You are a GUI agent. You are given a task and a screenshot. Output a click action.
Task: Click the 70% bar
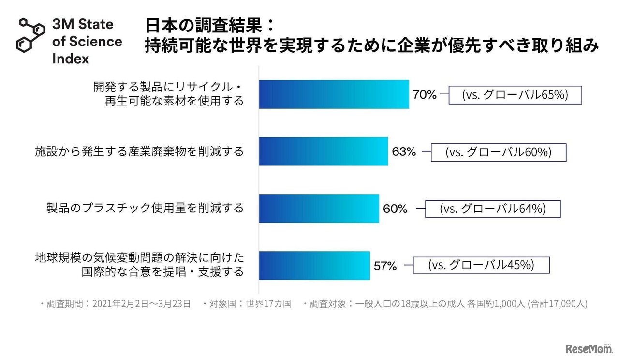click(334, 94)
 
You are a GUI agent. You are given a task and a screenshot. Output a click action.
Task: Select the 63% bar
click(324, 151)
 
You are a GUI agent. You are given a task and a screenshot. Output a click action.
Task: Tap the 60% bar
click(319, 209)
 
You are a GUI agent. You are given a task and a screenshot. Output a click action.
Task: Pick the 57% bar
click(314, 266)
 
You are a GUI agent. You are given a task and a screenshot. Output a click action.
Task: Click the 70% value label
click(425, 95)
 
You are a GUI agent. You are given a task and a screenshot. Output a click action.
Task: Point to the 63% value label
click(404, 152)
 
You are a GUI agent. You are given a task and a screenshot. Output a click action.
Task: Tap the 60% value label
click(395, 209)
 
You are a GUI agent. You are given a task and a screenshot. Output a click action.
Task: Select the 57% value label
click(385, 266)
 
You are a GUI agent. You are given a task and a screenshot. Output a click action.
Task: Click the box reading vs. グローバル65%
click(515, 95)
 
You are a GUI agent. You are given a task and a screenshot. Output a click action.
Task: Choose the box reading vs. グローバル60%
click(498, 152)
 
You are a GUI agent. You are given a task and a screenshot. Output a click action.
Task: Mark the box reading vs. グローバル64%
click(492, 209)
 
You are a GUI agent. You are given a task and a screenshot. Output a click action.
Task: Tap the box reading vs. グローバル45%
click(481, 265)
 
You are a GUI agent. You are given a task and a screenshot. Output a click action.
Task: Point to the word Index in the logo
click(71, 59)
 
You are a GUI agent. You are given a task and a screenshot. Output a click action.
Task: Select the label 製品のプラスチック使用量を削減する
click(145, 209)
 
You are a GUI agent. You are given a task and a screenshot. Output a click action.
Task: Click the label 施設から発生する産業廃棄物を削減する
click(139, 151)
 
